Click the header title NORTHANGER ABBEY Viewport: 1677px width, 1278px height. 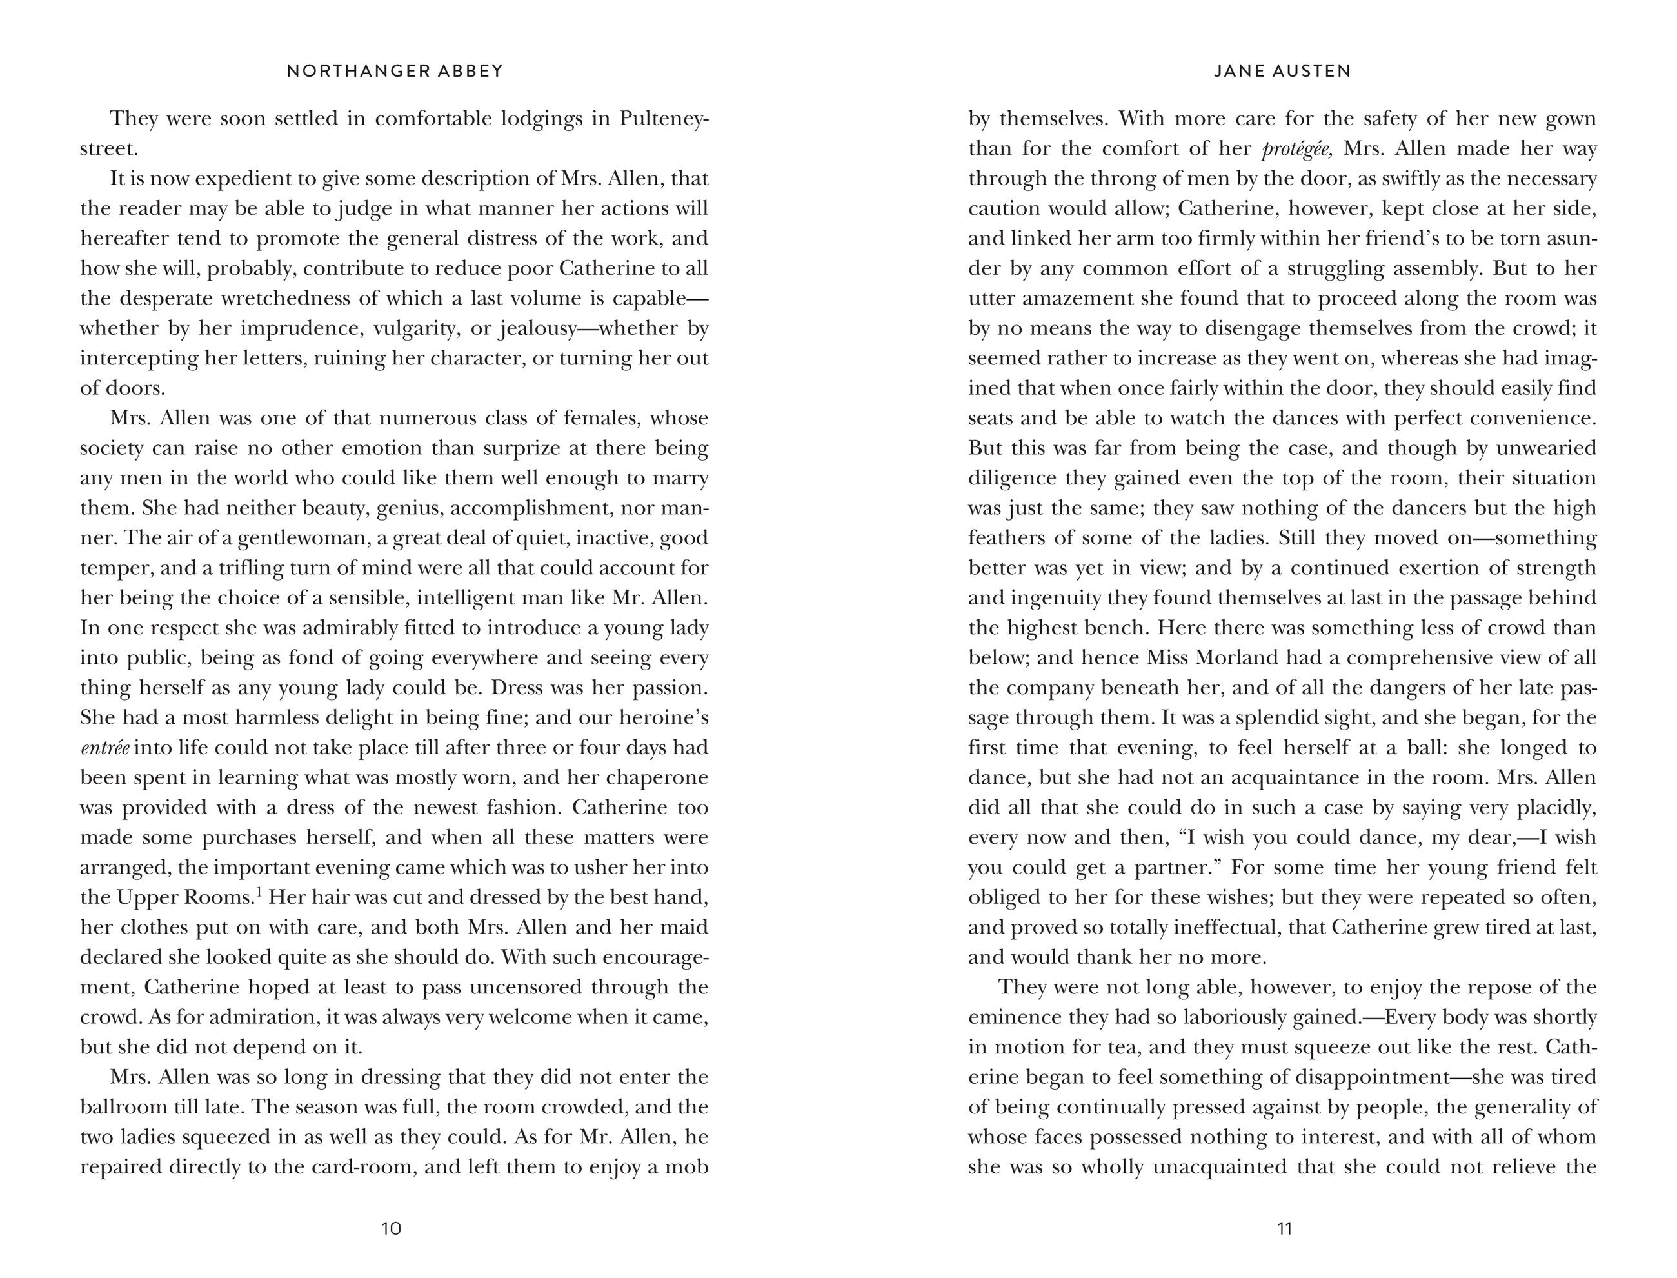click(x=395, y=71)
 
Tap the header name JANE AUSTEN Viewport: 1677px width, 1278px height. click(x=1282, y=71)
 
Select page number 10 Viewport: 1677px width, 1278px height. click(x=391, y=1228)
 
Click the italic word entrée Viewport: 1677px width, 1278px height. click(x=104, y=747)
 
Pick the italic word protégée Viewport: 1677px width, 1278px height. click(x=1296, y=149)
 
